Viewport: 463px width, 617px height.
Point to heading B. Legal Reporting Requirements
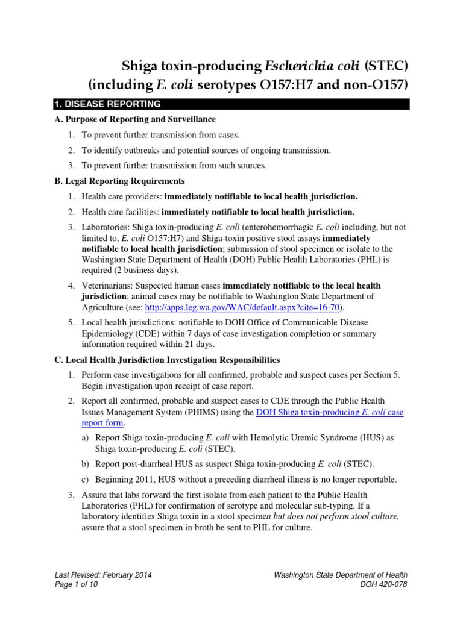click(x=119, y=181)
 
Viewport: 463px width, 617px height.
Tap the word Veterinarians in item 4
click(x=107, y=285)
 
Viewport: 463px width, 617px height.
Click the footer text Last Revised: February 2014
click(x=103, y=575)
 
